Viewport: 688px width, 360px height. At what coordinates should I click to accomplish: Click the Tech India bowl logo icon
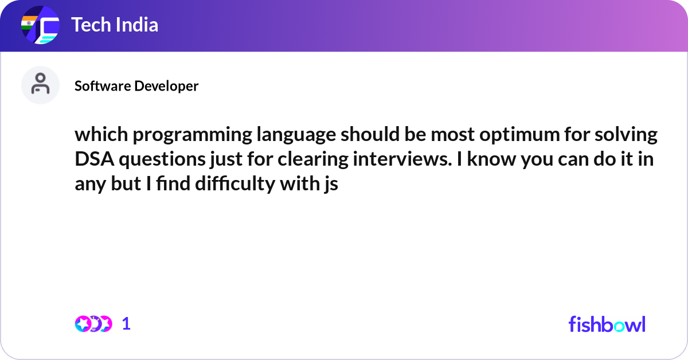coord(40,26)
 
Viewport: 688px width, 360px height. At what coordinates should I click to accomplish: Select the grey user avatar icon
coord(40,85)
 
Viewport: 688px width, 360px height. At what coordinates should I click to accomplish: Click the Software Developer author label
coord(136,86)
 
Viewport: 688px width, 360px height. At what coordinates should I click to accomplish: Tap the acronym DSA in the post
coord(93,160)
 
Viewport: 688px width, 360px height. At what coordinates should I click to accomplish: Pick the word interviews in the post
coord(393,160)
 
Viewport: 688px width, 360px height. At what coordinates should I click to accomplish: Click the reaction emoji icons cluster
coord(93,324)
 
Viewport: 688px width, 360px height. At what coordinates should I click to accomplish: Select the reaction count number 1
coord(127,324)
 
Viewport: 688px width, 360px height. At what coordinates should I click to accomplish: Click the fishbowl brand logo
coord(607,324)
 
